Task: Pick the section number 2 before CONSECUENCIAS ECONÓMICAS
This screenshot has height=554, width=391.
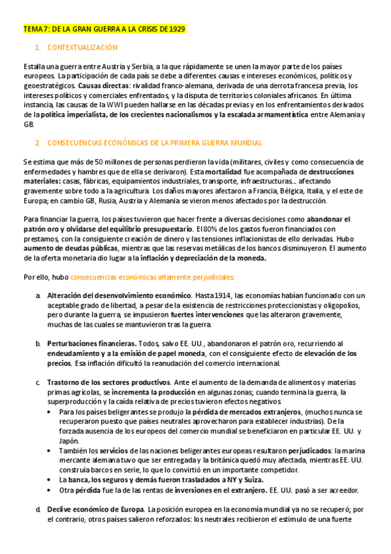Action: (38, 142)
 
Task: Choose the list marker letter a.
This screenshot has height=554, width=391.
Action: (38, 296)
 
